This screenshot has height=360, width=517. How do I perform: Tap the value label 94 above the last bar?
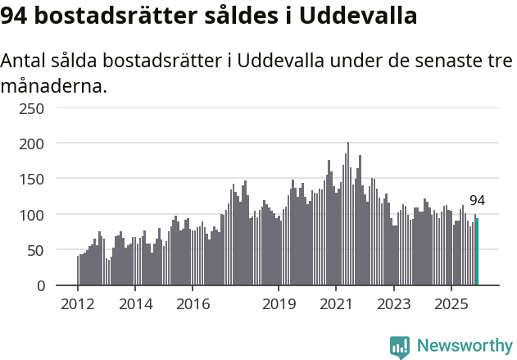coord(477,201)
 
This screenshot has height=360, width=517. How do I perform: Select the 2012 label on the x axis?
coord(78,305)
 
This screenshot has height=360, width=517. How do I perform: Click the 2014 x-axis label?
coord(135,305)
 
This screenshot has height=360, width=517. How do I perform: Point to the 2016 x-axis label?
coord(193,305)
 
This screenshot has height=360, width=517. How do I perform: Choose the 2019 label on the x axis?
coord(279,305)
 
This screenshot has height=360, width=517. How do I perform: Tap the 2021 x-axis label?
coord(336,305)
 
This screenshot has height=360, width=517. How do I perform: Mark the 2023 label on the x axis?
coord(393,305)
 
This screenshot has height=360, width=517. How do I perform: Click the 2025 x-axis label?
coord(451,305)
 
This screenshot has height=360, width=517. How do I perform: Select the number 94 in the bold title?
coord(18,16)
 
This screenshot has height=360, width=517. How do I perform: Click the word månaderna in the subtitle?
coord(54,86)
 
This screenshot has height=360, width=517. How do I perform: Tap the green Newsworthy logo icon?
coord(400,347)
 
